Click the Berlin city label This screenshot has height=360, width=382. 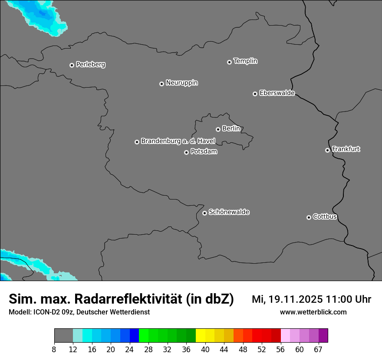[231, 128]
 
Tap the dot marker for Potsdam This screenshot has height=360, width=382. [186, 152]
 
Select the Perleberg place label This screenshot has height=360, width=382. [90, 65]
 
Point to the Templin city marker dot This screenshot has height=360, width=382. [229, 62]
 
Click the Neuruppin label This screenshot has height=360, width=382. [181, 83]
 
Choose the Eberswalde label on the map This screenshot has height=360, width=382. [277, 93]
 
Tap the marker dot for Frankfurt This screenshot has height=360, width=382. [327, 150]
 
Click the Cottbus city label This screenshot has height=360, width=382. [325, 216]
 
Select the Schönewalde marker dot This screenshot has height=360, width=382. [204, 213]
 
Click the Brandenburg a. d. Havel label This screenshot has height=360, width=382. [178, 141]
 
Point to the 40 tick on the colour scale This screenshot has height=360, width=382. [205, 349]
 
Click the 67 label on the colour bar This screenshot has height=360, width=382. [318, 349]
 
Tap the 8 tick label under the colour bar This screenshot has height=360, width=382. [54, 349]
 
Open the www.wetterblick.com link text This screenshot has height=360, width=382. [313, 312]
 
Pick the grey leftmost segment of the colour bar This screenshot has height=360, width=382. [63, 336]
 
